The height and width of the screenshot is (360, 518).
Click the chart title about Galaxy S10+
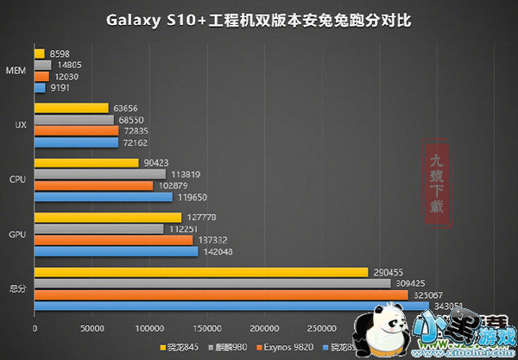(259, 17)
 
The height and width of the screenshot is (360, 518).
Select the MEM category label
(14, 70)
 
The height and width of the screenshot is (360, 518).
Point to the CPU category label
(15, 180)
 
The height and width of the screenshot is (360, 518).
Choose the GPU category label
(15, 234)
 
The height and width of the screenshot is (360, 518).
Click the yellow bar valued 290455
(200, 271)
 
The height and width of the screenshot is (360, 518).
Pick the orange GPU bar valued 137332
(113, 239)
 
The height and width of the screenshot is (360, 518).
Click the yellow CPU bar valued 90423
(86, 163)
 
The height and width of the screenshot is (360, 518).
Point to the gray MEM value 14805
(71, 64)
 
